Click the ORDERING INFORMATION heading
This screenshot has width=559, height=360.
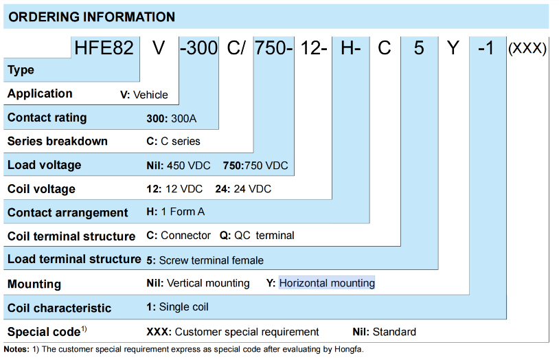[91, 16]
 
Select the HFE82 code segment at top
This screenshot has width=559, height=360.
[104, 48]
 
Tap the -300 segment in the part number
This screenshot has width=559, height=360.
[199, 48]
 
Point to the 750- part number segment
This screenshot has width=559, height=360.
[274, 48]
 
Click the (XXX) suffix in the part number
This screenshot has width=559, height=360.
[527, 48]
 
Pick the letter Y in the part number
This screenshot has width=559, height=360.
[453, 48]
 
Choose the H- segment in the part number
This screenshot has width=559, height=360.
[351, 48]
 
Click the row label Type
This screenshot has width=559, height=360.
[21, 70]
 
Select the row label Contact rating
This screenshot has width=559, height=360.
[47, 117]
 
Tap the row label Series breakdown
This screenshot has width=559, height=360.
[58, 141]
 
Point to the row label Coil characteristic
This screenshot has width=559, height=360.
[59, 308]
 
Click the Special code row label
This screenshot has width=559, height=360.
[47, 331]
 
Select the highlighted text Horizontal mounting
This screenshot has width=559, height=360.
[327, 283]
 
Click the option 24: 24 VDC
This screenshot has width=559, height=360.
[243, 189]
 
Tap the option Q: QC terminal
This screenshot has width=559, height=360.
[257, 236]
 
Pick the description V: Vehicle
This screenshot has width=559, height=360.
[144, 95]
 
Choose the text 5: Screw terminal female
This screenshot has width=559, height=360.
[205, 260]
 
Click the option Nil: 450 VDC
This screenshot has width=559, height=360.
[179, 166]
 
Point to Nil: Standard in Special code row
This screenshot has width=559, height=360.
[385, 332]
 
